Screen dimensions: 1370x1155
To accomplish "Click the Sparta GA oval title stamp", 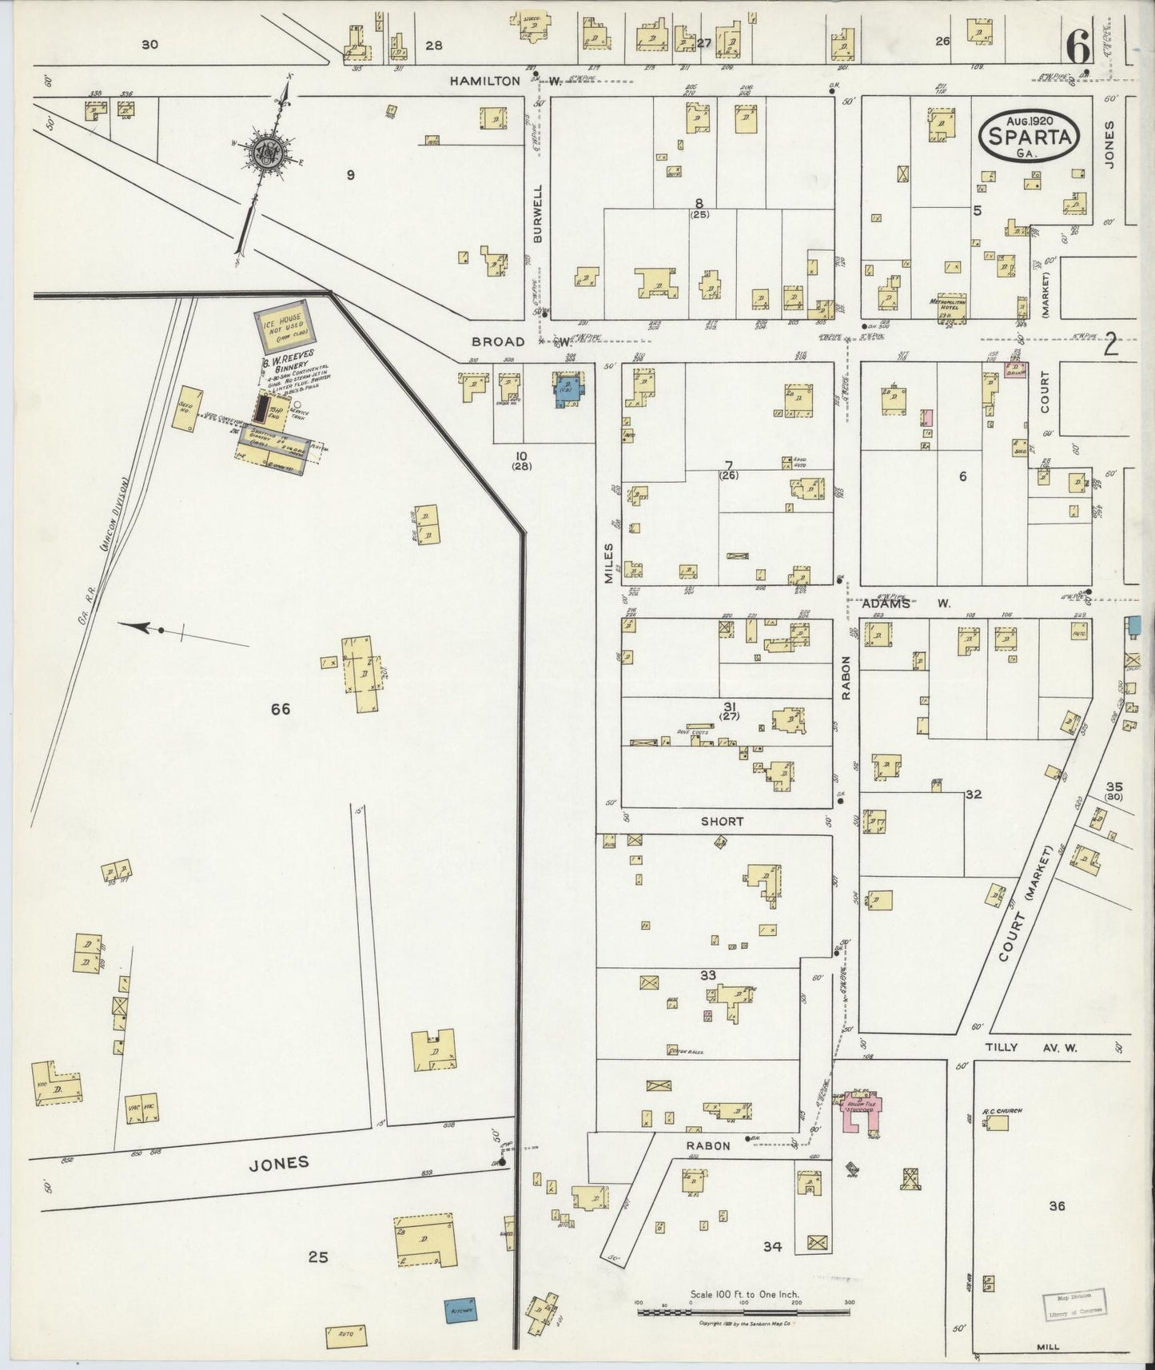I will pos(1029,136).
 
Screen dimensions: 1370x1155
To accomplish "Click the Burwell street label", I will pos(538,213).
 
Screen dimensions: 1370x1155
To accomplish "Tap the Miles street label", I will pos(608,562).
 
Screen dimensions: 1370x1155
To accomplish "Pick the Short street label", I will pos(722,821).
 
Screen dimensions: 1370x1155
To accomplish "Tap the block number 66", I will pos(280,709).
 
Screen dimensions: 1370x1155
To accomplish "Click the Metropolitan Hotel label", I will pos(949,303).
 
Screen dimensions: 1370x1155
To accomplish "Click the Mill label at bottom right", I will pos(1047,1346).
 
